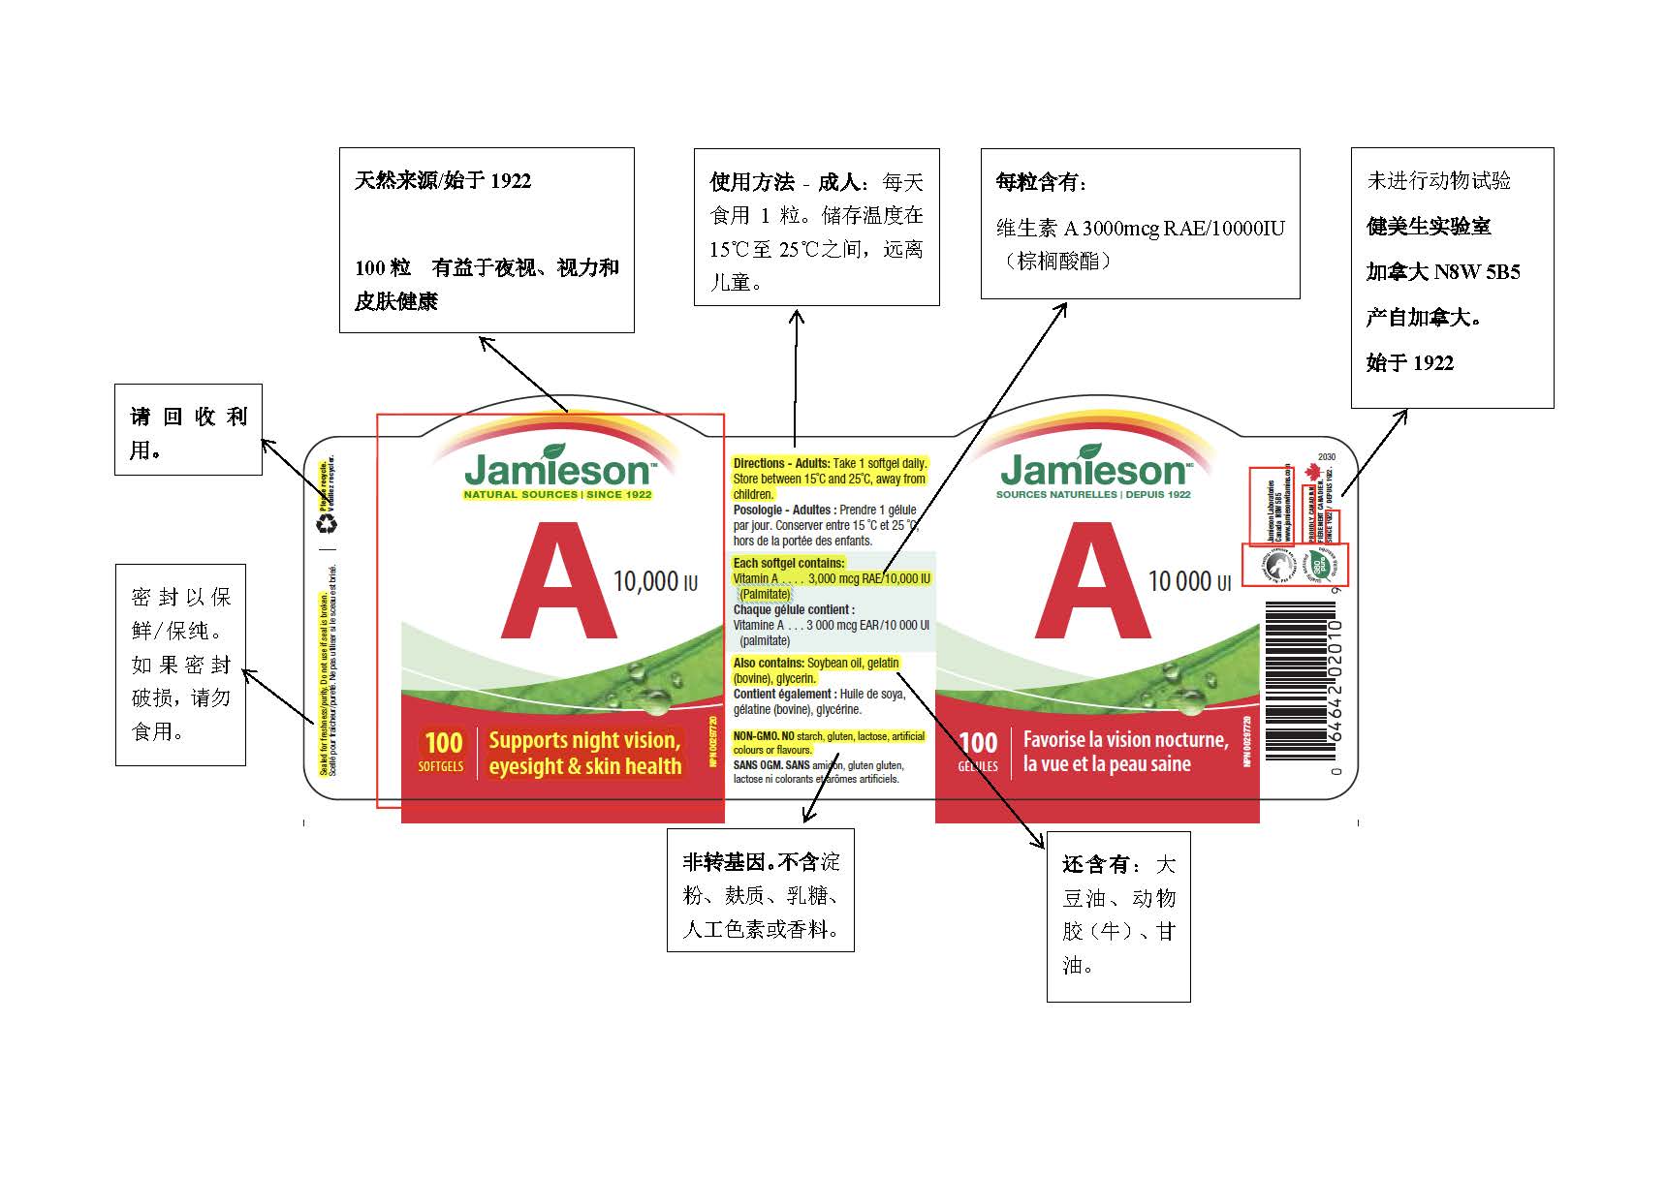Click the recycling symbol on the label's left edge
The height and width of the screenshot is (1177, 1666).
point(329,523)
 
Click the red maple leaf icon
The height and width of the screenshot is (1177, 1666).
point(1313,472)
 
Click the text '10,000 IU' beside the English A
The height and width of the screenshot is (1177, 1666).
point(655,581)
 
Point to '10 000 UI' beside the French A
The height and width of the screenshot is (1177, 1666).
point(1189,581)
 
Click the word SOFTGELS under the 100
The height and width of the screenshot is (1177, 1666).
point(441,766)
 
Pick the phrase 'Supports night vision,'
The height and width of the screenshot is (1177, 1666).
point(584,740)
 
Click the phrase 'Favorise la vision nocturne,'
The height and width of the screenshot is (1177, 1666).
point(1125,739)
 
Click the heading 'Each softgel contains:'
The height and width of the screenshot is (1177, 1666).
point(789,563)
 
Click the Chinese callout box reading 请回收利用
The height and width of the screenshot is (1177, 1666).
point(188,430)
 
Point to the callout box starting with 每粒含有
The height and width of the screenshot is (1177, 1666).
point(1140,224)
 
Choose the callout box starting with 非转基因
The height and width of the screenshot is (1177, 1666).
point(761,890)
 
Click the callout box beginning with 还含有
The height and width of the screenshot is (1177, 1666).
point(1118,915)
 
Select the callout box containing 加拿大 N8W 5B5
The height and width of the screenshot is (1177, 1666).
point(1452,278)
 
